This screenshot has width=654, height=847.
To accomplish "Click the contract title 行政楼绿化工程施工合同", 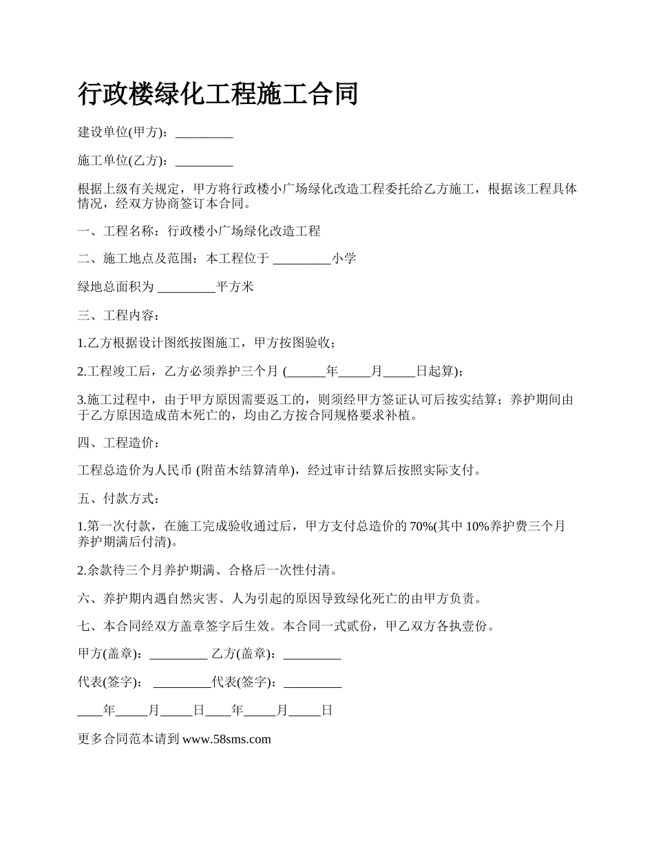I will coord(218,94).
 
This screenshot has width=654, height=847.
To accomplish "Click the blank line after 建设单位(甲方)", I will coord(204,133).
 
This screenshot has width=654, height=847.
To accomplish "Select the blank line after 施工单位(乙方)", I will coord(204,161).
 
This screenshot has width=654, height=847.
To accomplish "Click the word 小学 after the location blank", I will coord(344,259).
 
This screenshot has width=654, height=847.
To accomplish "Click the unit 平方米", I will coord(235,287).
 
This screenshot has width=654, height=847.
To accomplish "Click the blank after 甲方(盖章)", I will coord(178,654).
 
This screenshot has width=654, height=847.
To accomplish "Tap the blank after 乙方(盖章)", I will coord(312,654).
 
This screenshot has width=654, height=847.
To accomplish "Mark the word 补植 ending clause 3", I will coord(403,415).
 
